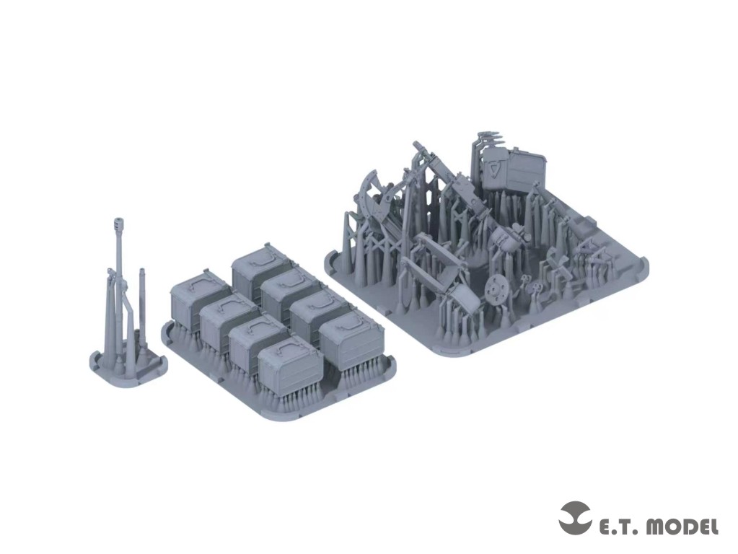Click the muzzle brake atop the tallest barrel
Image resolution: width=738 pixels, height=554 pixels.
tap(118, 224)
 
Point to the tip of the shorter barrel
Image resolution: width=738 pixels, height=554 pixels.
tap(141, 270)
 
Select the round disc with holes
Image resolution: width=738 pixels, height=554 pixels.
tap(495, 288)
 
